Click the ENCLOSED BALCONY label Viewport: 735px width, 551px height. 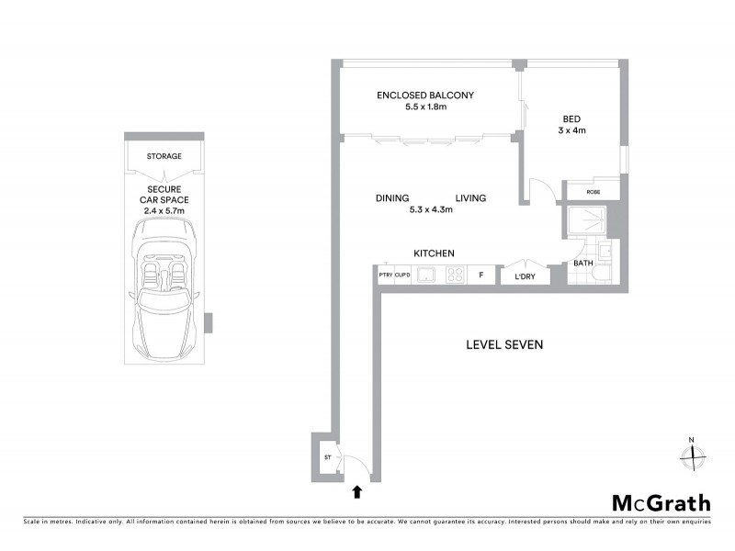(x=425, y=95)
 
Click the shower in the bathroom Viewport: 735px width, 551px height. (x=585, y=222)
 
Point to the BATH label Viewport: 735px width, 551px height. (x=583, y=264)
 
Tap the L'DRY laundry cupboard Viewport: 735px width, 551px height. (x=525, y=275)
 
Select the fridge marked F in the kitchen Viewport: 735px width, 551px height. (x=480, y=275)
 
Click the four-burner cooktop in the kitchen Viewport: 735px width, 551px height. (x=454, y=275)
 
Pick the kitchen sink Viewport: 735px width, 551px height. (x=425, y=275)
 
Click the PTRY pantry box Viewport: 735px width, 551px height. (x=385, y=275)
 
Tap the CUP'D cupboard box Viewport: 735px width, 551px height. (x=402, y=275)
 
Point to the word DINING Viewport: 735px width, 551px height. (x=392, y=198)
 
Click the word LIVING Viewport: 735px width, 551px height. (x=470, y=198)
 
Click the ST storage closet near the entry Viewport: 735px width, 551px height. (x=325, y=456)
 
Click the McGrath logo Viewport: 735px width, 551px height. (x=661, y=502)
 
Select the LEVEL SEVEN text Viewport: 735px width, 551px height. (x=504, y=345)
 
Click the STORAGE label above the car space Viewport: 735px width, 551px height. (x=164, y=156)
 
